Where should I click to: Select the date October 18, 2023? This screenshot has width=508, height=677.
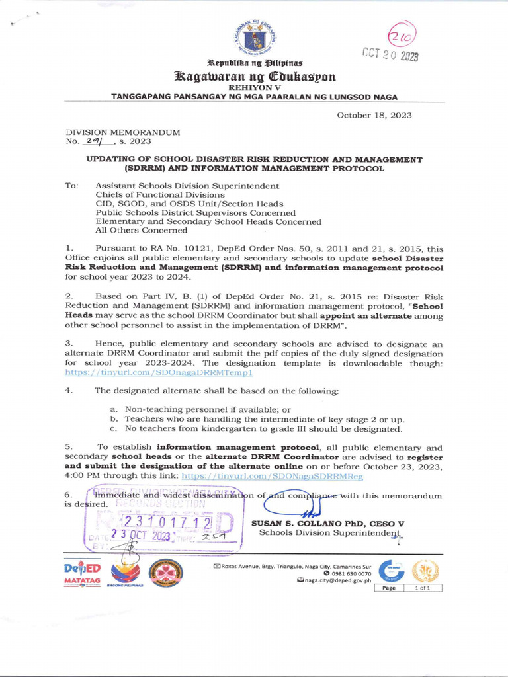(x=374, y=115)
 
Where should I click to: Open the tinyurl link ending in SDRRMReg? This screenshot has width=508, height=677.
(x=272, y=476)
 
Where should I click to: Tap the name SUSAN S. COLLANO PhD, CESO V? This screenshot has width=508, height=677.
(x=328, y=523)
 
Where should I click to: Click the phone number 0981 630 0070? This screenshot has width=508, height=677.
(x=351, y=573)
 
